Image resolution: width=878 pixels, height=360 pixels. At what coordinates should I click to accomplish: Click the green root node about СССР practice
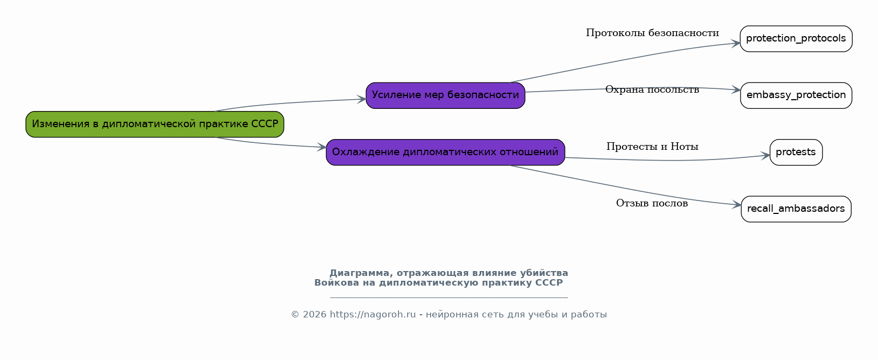point(155,124)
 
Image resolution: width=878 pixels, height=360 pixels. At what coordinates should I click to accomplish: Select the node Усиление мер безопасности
point(445,95)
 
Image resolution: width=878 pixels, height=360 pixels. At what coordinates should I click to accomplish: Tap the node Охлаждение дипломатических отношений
point(445,152)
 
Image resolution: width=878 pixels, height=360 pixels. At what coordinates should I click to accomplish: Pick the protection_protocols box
point(796,38)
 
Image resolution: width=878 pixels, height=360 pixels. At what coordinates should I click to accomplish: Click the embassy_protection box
point(796,95)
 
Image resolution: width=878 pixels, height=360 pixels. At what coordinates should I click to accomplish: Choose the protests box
point(796,152)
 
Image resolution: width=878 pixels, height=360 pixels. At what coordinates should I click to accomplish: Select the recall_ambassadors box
point(796,209)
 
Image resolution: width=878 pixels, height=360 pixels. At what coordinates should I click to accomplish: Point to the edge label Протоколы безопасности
point(652,33)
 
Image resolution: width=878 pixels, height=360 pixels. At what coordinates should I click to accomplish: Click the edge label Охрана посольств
point(652,89)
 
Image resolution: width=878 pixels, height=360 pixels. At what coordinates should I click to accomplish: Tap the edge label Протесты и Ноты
point(652,147)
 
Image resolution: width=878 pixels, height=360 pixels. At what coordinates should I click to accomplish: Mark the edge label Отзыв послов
point(652,203)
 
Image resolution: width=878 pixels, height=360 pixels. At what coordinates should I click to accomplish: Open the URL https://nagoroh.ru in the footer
point(372,315)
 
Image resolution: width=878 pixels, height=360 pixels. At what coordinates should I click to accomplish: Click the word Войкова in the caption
point(337,283)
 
